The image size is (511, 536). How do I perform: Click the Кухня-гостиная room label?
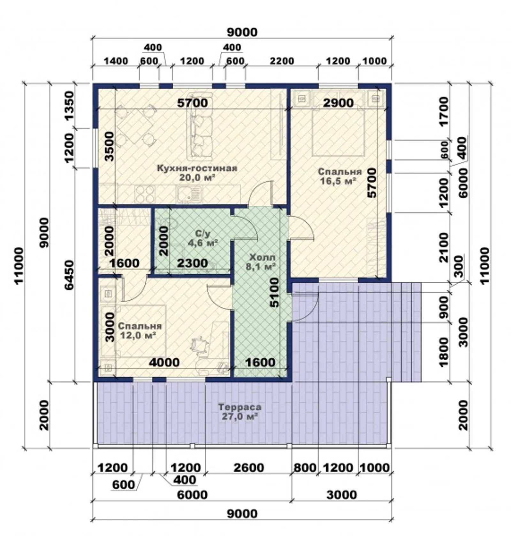point(197,168)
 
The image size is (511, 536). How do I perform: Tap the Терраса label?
point(240,407)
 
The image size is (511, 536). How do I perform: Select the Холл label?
point(262,257)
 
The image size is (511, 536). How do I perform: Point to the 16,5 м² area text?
point(338,181)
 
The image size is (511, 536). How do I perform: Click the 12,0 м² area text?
point(138,335)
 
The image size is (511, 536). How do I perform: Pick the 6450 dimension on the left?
point(69,275)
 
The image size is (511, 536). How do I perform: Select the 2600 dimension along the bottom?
point(249,468)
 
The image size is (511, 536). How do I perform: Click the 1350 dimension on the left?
point(69,105)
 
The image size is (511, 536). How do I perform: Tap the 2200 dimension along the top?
point(282,61)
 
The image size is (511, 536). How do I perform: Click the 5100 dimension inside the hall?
point(274,292)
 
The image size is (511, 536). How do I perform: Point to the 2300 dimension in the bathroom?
point(192,263)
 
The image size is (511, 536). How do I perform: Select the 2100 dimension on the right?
point(444,247)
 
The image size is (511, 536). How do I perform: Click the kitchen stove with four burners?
point(145,193)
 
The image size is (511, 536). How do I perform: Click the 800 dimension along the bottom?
point(305,468)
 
